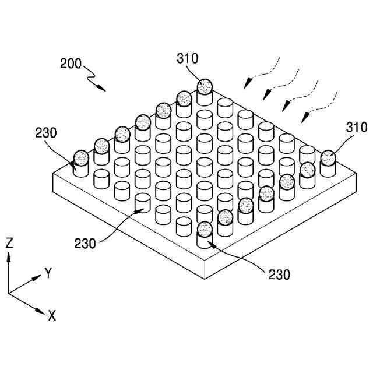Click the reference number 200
click(x=71, y=63)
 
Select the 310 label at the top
click(x=188, y=58)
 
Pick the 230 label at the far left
click(x=45, y=132)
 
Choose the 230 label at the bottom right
click(x=279, y=273)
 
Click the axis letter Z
click(x=9, y=243)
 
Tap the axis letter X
click(x=52, y=316)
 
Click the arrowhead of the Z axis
click(x=9, y=257)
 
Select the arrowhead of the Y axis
click(x=38, y=276)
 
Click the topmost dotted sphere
click(x=205, y=87)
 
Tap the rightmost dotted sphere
click(x=328, y=158)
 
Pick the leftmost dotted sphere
click(x=81, y=157)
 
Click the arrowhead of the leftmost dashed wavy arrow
click(x=245, y=86)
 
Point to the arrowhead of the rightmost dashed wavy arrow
click(x=302, y=121)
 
